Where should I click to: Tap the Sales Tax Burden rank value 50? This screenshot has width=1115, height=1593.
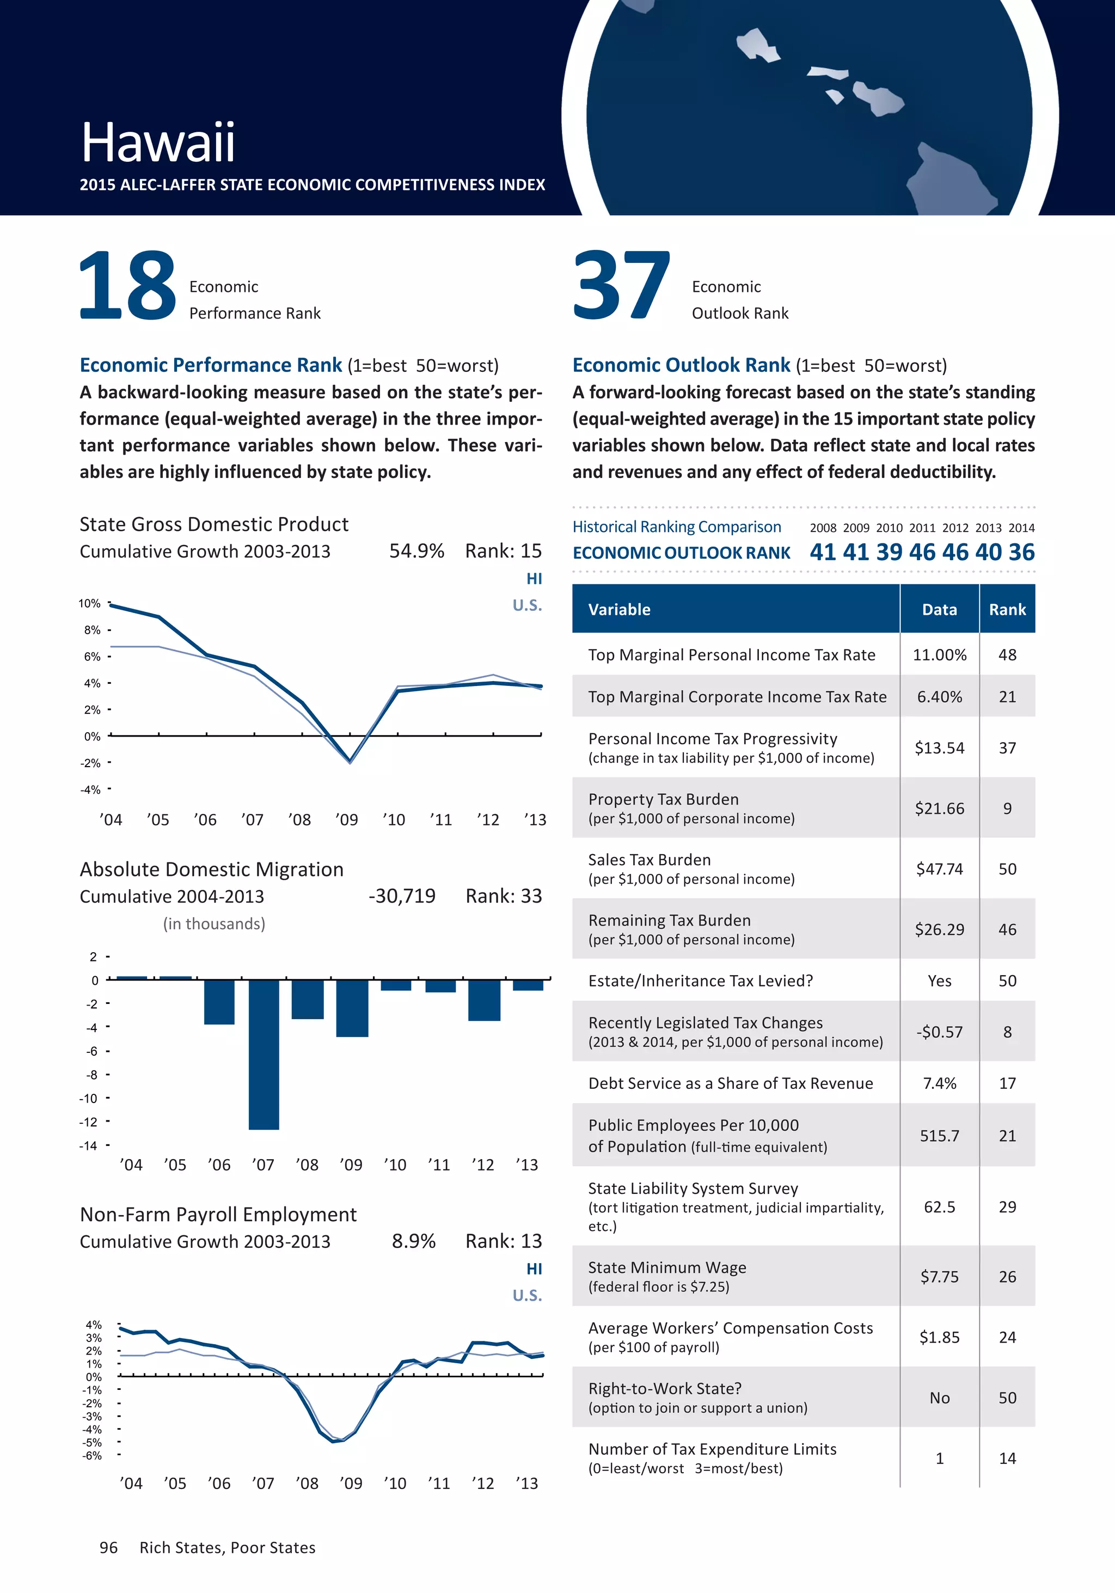click(x=1007, y=869)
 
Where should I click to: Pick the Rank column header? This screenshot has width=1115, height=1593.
click(x=1007, y=609)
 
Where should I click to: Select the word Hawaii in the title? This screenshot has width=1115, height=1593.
click(x=158, y=143)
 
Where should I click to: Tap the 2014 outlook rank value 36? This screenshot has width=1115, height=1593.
click(x=1021, y=552)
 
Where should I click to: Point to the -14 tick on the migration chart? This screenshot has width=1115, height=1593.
click(x=88, y=1145)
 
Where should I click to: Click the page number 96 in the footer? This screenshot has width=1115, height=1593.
click(x=108, y=1547)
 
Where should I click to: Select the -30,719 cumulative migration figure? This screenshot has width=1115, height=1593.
click(x=402, y=896)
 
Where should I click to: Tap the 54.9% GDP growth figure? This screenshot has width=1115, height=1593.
click(x=416, y=551)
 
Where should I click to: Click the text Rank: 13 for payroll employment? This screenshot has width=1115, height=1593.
click(x=503, y=1241)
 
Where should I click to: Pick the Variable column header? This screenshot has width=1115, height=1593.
click(x=619, y=609)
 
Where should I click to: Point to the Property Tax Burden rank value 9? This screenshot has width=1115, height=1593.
click(x=1007, y=808)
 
